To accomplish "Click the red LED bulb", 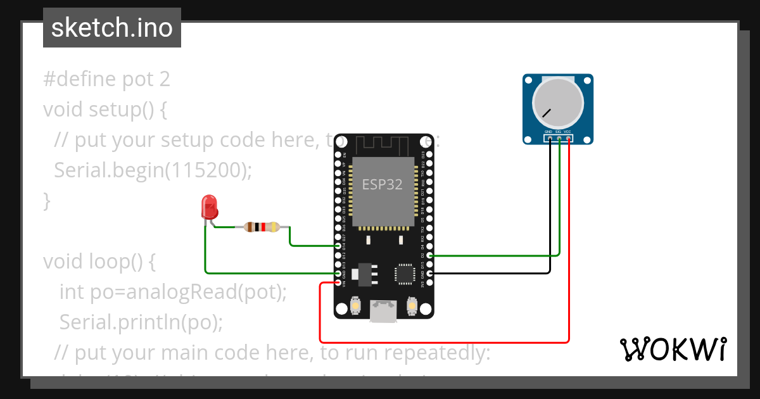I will point(208,207).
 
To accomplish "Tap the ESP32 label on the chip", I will point(382,184).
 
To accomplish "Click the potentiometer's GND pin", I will point(549,137).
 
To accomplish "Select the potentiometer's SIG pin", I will point(559,137).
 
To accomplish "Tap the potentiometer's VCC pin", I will point(568,137).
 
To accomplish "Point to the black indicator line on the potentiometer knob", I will point(546,114).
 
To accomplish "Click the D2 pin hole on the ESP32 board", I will point(430,255).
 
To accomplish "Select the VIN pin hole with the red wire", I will point(338,283).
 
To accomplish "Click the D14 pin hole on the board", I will point(338,246).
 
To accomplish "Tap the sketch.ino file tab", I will point(112,28).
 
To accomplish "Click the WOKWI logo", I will point(673,349).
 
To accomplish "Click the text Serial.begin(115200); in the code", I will point(153,170).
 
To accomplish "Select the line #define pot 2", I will point(106,79).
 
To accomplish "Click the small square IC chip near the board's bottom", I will point(403,274).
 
